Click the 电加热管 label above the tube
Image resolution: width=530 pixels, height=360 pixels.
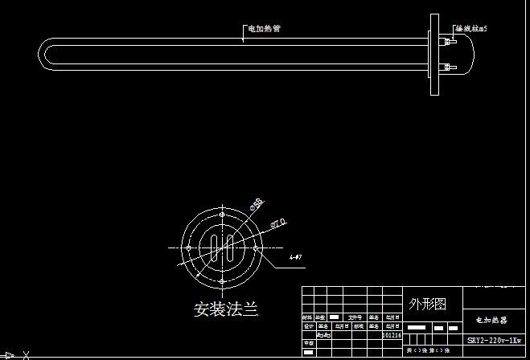pyautogui.click(x=264, y=29)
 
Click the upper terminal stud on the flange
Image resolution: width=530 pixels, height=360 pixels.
pyautogui.click(x=447, y=39)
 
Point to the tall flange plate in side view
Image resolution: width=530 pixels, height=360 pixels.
pyautogui.click(x=435, y=53)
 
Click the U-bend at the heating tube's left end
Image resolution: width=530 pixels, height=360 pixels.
pyautogui.click(x=44, y=53)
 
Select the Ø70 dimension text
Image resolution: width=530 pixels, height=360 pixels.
pyautogui.click(x=279, y=223)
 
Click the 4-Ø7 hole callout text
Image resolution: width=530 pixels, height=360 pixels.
pyautogui.click(x=295, y=257)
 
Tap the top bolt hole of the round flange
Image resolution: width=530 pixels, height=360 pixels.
pyautogui.click(x=222, y=215)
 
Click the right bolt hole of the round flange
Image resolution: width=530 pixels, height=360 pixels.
pyautogui.click(x=256, y=247)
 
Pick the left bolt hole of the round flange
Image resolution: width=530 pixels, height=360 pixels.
pyautogui.click(x=188, y=247)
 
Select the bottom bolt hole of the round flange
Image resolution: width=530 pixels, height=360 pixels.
pyautogui.click(x=222, y=280)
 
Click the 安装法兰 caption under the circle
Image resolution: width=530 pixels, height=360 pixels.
pyautogui.click(x=226, y=309)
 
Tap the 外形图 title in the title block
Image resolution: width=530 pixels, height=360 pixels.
pyautogui.click(x=426, y=304)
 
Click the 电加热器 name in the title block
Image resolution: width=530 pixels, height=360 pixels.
pyautogui.click(x=491, y=320)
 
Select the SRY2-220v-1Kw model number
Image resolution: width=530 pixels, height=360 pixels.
pyautogui.click(x=495, y=341)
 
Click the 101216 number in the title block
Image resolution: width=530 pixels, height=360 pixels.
pyautogui.click(x=392, y=335)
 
